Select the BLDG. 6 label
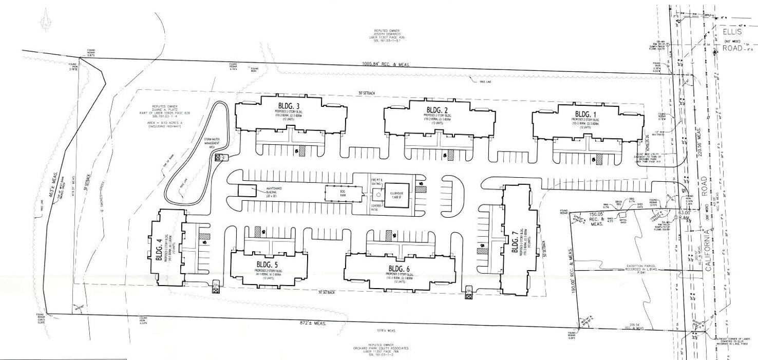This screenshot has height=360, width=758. [x=399, y=268]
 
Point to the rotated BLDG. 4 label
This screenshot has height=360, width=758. [x=159, y=251]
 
